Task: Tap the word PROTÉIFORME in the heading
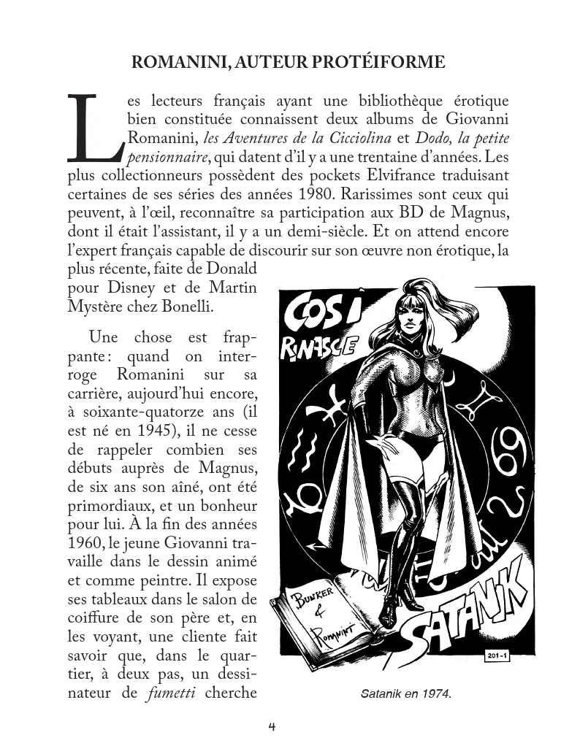point(383,63)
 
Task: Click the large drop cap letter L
point(94,128)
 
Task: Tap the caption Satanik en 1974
point(406,694)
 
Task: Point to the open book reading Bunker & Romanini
point(321,613)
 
